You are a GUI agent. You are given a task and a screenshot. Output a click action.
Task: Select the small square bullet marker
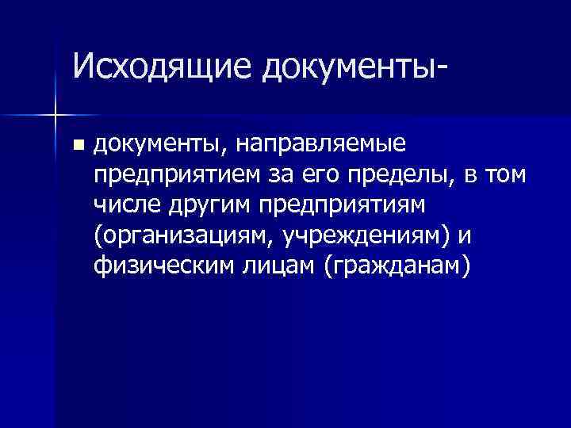[x=76, y=145]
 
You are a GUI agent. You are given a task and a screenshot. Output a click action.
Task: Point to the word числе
[x=128, y=204]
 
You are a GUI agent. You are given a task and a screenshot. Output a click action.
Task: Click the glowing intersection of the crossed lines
[x=56, y=116]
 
